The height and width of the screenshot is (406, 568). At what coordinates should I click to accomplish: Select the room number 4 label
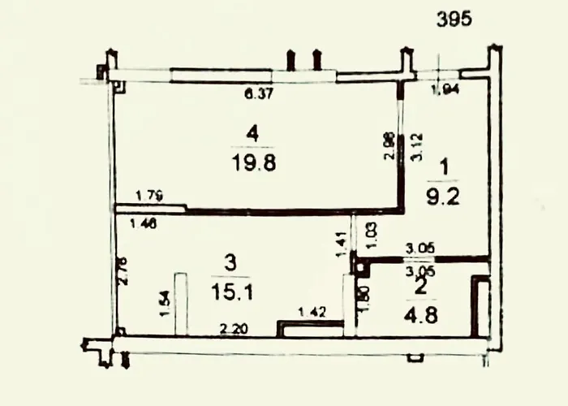coord(254,131)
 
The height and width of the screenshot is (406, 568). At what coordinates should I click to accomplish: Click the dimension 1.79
coord(148,194)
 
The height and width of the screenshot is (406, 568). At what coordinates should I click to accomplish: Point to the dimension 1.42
coord(312,311)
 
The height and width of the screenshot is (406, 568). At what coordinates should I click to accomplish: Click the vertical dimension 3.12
coord(416,146)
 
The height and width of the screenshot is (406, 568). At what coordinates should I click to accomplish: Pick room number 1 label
coord(442,166)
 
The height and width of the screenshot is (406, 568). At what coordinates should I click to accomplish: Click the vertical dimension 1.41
coord(342,244)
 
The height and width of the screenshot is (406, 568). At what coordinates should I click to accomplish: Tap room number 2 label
coord(420,285)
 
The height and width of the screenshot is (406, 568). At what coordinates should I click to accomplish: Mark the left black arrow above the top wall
coord(290,60)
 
